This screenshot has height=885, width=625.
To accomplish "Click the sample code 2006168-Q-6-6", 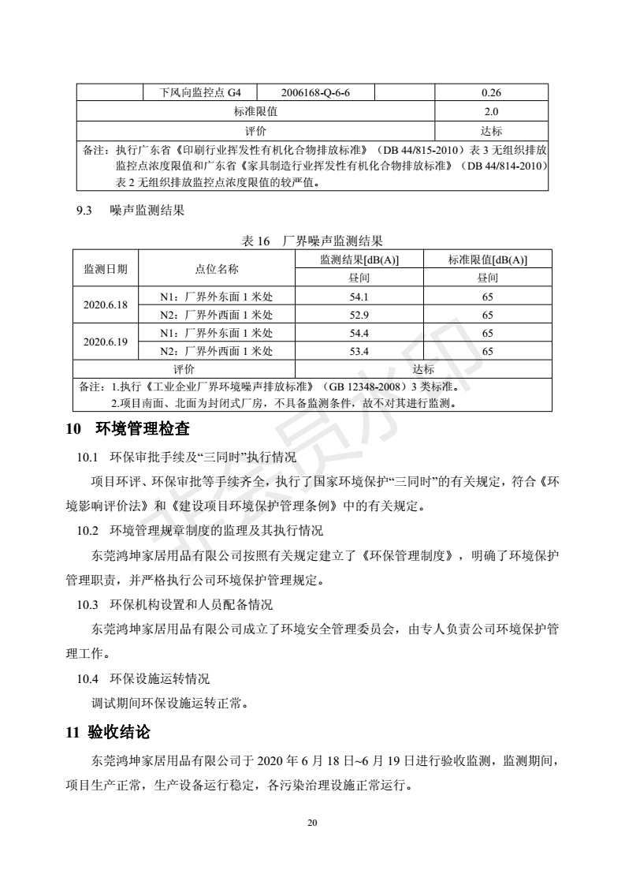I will pyautogui.click(x=315, y=92).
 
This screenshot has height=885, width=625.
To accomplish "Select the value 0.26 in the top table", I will pyautogui.click(x=491, y=92).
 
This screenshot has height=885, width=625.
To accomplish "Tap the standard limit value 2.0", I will pyautogui.click(x=491, y=111).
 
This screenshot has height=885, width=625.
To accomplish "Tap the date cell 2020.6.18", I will pyautogui.click(x=106, y=305).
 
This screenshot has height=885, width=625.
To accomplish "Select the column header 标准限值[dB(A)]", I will pyautogui.click(x=488, y=260).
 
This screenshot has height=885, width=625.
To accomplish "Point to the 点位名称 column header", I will pyautogui.click(x=217, y=269).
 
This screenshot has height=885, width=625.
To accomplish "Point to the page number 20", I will pyautogui.click(x=312, y=823).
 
